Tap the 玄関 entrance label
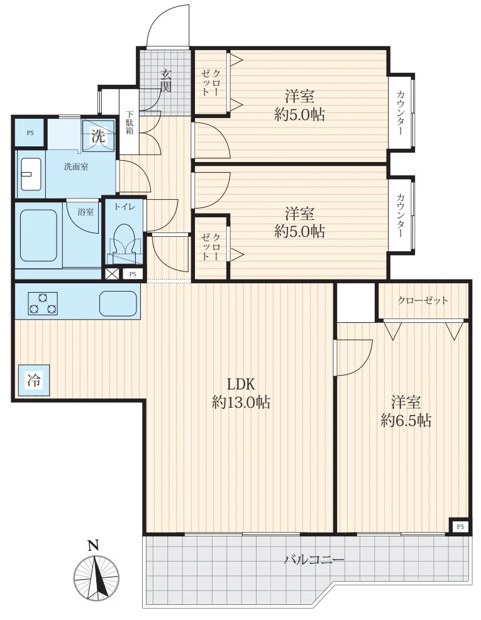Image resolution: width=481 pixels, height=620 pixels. [166, 81]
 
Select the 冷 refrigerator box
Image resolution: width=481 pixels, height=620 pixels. [34, 381]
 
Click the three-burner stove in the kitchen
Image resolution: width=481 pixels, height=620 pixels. [43, 303]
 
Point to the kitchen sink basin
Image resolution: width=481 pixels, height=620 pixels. [118, 303]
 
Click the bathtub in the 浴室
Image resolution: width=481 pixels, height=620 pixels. [39, 235]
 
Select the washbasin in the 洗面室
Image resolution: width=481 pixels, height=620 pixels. [31, 174]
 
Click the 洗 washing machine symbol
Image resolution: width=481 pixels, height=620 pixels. [98, 136]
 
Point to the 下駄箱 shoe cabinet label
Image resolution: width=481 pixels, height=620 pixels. [130, 122]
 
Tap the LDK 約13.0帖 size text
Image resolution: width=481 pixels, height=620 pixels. [241, 393]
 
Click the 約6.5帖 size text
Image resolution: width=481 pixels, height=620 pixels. [406, 420]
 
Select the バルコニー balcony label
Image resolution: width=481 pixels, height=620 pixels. [314, 560]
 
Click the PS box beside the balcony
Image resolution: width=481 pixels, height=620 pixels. [460, 526]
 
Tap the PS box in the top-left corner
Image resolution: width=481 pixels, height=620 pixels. [30, 133]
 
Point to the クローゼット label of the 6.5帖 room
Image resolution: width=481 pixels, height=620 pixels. [423, 300]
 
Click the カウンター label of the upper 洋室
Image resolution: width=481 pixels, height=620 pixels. [401, 112]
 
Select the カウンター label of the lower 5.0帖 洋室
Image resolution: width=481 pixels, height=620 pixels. [401, 215]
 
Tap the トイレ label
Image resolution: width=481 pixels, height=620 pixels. [125, 207]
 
